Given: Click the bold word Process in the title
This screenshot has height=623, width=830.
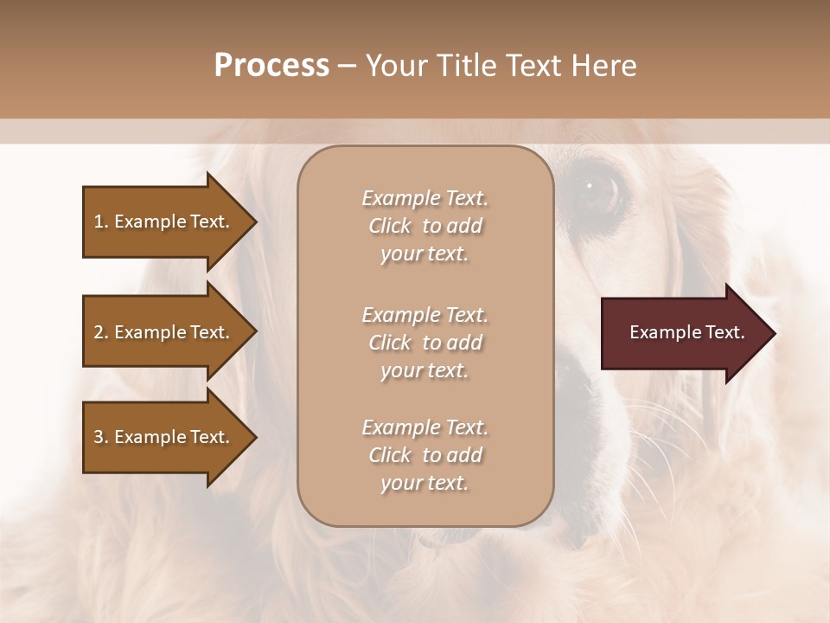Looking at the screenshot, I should point(271,65).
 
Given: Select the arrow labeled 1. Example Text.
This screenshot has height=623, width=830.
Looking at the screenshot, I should point(164,222).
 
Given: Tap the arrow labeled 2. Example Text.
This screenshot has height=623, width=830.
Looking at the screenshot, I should point(164,332).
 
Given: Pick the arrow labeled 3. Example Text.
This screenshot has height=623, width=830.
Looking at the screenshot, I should point(164,437).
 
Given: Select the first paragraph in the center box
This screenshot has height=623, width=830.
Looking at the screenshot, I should point(425,226).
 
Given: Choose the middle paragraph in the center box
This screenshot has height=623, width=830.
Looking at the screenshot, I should point(425,342).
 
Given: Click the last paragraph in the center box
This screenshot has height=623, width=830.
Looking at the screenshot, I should point(425,455).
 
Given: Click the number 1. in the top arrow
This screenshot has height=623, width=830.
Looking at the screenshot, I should point(101,222).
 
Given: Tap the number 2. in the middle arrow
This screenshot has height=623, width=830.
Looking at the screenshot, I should point(101,332).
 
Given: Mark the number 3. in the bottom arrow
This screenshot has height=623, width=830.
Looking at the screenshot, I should point(101,437).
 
